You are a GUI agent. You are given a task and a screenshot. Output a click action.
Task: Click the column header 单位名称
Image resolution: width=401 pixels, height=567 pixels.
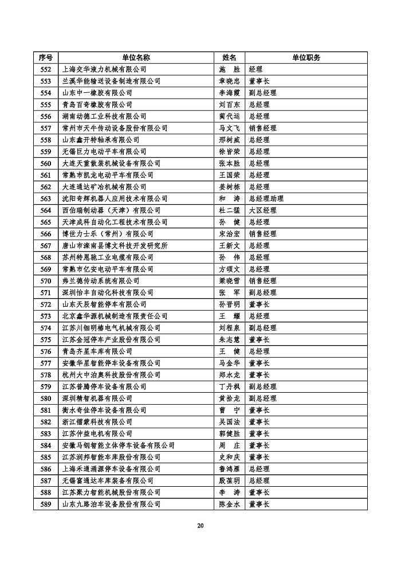[136, 57]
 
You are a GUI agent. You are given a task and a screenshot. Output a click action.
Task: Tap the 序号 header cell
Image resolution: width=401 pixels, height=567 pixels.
[46, 57]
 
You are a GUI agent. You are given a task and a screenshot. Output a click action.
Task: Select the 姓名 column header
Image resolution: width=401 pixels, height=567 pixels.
[229, 57]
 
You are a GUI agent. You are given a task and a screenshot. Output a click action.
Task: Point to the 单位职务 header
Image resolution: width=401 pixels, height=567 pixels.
[306, 57]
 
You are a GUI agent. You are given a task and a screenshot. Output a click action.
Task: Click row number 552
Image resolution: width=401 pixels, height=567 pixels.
[46, 69]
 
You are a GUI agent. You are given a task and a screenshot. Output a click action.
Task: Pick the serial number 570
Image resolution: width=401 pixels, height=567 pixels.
[46, 281]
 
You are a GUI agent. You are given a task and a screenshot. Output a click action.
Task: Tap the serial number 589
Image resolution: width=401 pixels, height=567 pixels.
[46, 505]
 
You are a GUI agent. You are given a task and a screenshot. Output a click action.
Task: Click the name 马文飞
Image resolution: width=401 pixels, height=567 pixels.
[229, 128]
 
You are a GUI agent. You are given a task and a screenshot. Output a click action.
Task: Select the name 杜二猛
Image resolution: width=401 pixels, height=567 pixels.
[229, 210]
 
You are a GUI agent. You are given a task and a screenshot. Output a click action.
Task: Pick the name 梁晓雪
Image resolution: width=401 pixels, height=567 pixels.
[229, 281]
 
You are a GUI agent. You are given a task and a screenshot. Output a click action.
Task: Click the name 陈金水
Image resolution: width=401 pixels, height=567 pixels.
[229, 505]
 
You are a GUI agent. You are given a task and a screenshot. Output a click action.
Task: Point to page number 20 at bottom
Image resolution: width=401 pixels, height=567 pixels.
[200, 526]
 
